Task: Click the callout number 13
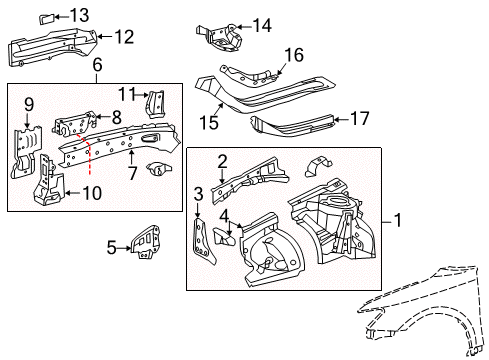(79, 15)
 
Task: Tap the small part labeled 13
(47, 19)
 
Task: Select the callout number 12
(124, 37)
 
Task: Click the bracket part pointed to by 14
(219, 37)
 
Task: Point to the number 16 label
(294, 55)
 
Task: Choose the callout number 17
(359, 119)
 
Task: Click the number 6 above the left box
(97, 64)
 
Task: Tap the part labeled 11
(156, 104)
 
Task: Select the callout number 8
(116, 117)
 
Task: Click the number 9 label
(29, 105)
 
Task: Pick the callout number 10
(92, 193)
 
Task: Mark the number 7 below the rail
(132, 173)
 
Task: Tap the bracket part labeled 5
(146, 242)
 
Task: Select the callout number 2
(222, 162)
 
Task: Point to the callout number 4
(224, 216)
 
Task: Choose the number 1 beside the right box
(398, 221)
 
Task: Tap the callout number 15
(209, 122)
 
